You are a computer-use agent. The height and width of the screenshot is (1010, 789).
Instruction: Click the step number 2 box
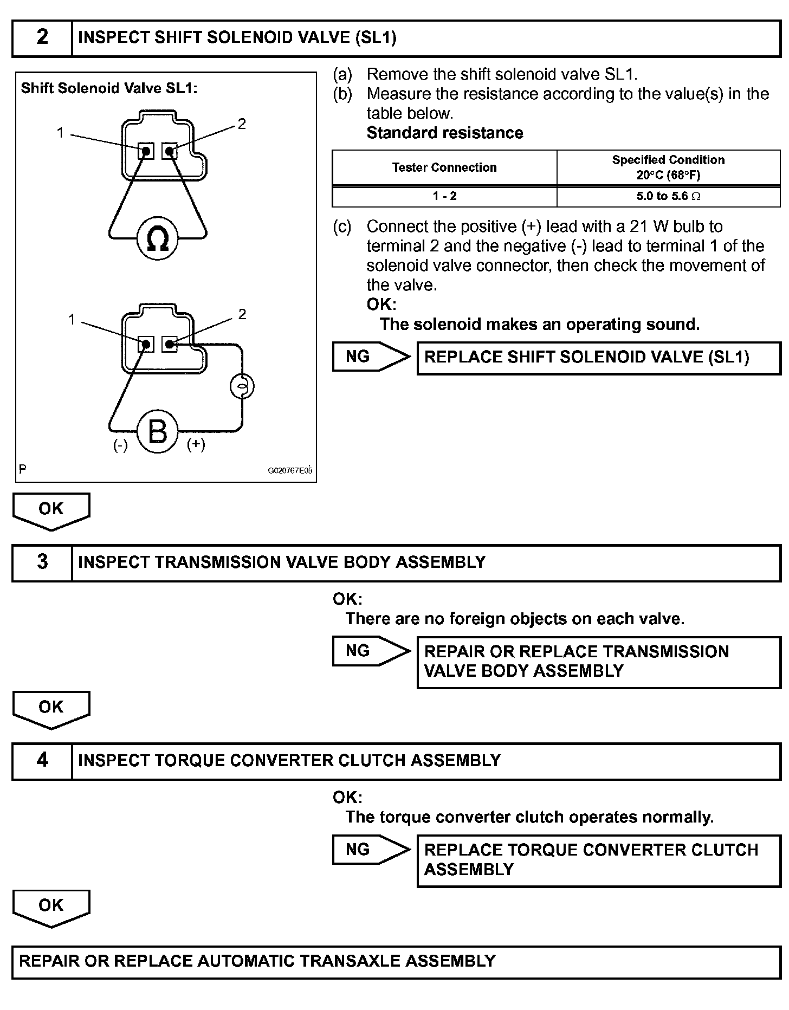click(x=42, y=38)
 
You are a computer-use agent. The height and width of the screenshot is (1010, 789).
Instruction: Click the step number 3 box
click(x=42, y=562)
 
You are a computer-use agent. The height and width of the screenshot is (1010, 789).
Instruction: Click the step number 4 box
click(x=42, y=761)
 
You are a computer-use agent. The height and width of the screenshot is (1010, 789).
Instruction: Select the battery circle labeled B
click(x=158, y=431)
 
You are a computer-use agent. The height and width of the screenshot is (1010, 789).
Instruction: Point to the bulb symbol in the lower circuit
click(x=242, y=386)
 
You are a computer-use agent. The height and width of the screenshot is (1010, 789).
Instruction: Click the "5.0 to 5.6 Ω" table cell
click(x=668, y=196)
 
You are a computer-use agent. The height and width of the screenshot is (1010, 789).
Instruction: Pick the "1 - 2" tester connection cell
click(x=444, y=196)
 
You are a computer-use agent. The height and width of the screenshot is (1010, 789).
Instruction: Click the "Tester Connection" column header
click(x=444, y=167)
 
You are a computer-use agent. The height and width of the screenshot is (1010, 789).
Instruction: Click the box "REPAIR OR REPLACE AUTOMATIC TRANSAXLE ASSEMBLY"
click(x=396, y=961)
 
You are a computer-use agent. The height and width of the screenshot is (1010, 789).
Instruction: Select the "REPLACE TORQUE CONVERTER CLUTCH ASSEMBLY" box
click(x=598, y=860)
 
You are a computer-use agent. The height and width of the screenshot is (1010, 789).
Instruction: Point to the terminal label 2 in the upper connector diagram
click(x=242, y=124)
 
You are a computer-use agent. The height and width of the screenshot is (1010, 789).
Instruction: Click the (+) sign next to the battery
click(x=196, y=444)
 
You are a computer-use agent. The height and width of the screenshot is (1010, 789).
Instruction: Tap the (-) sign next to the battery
click(x=120, y=445)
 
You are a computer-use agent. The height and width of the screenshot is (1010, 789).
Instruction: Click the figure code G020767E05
click(x=290, y=470)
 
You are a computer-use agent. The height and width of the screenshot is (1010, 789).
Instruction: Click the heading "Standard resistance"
click(x=444, y=133)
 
